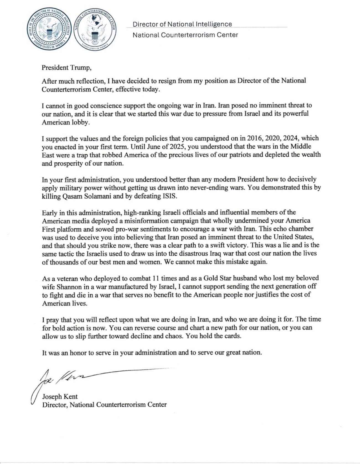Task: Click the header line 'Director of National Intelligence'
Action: (x=182, y=24)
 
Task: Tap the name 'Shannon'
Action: (x=64, y=286)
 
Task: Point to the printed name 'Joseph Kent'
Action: (x=60, y=396)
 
